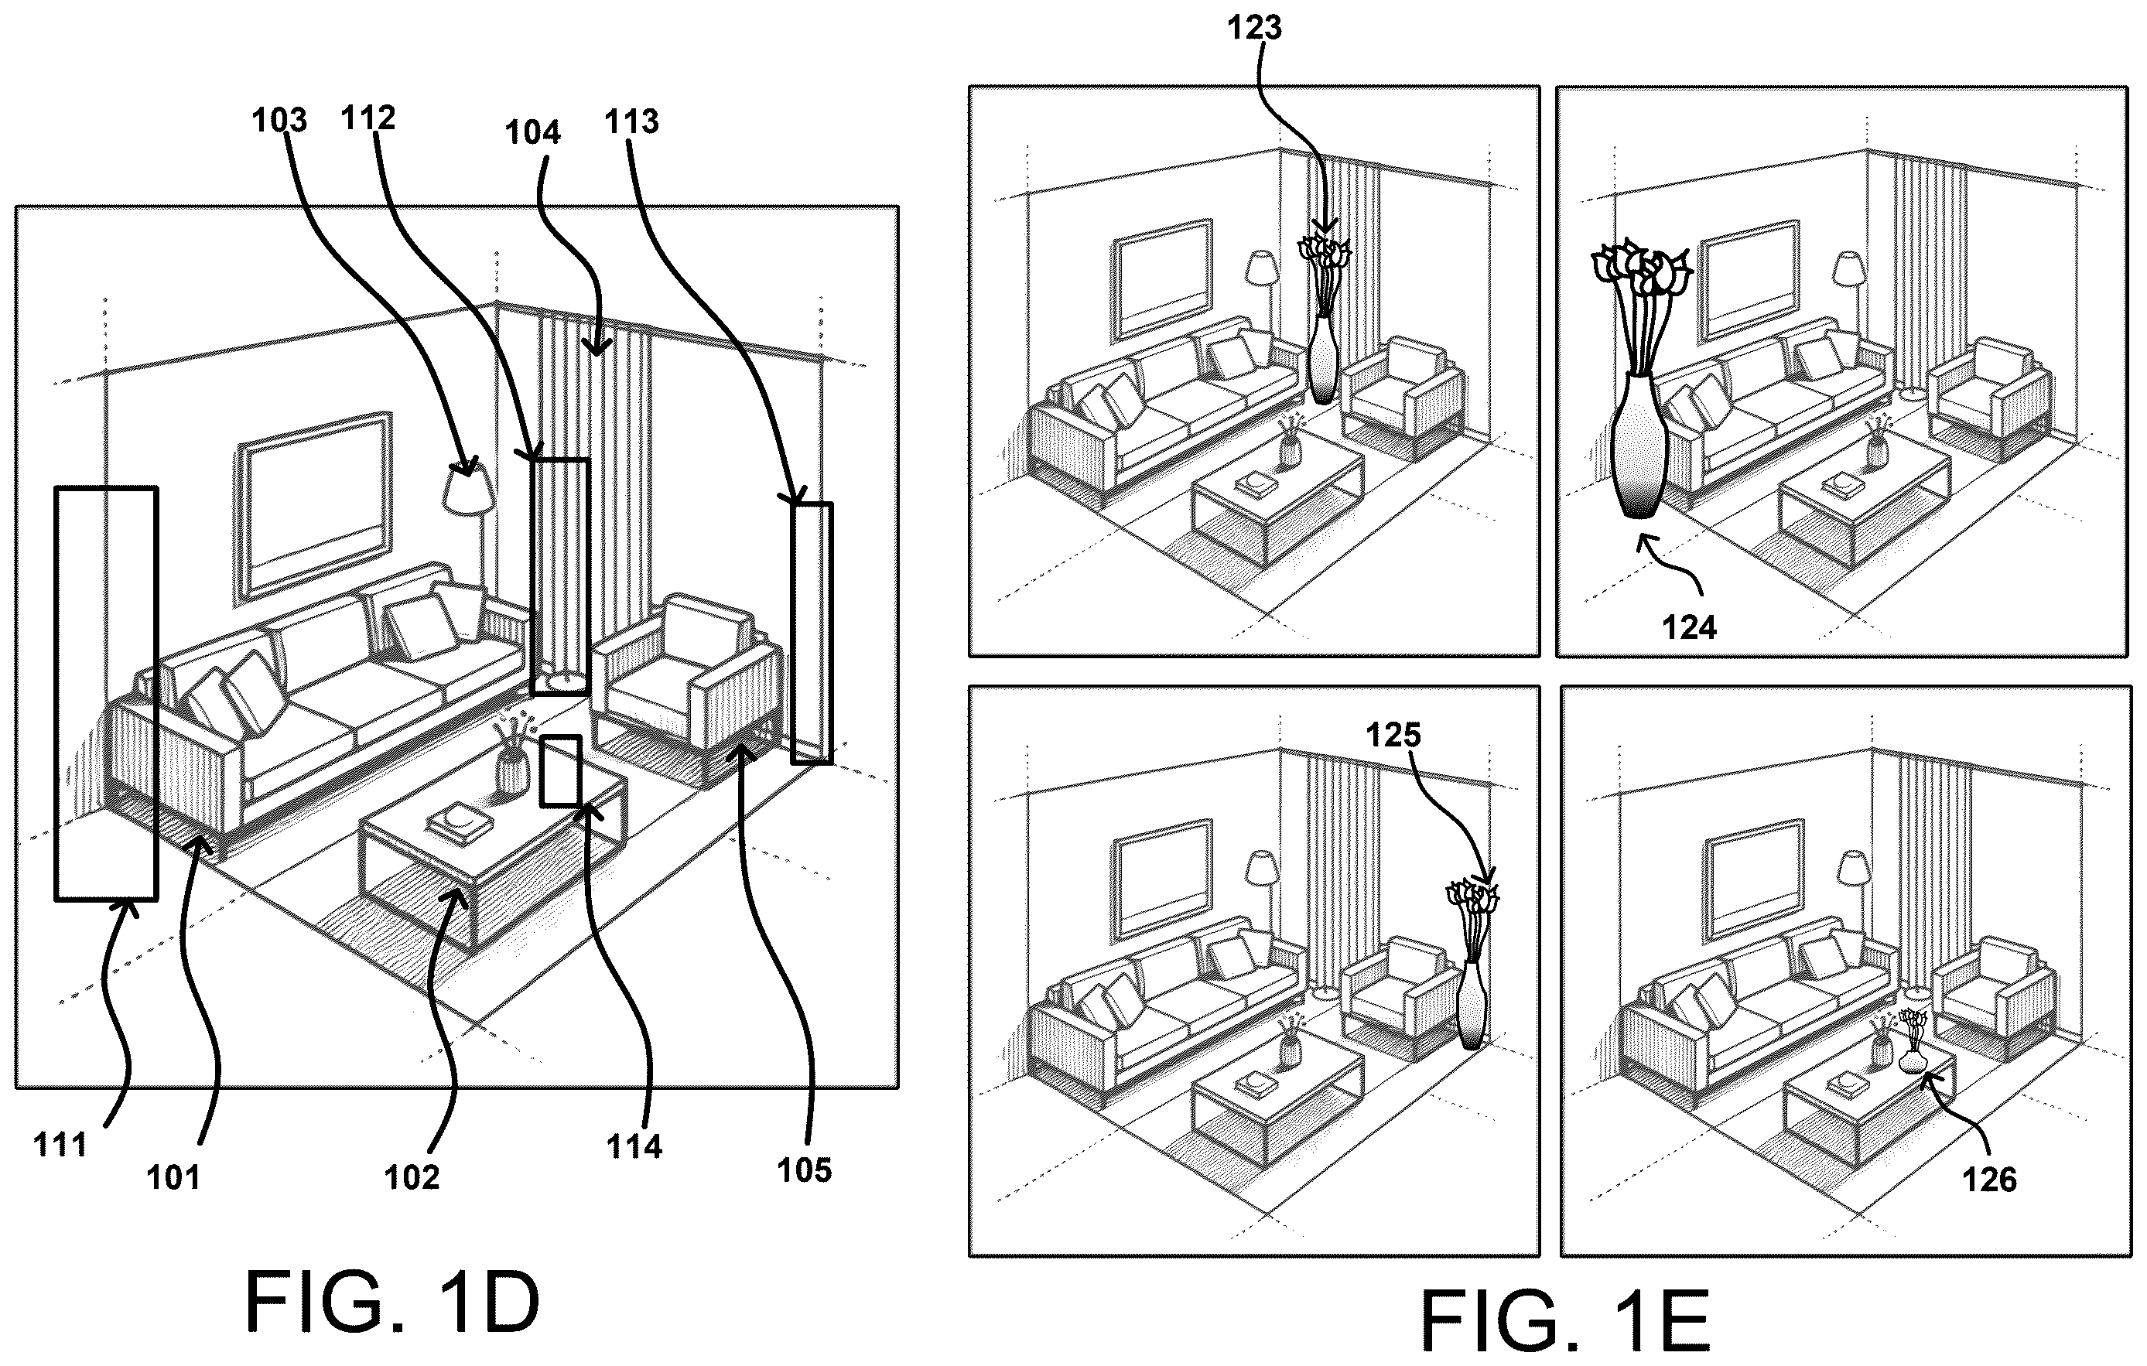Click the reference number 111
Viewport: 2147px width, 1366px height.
coord(60,1144)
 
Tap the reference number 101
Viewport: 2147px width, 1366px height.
coord(173,1177)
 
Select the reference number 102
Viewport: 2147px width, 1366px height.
coord(412,1177)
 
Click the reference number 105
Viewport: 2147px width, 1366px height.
coord(804,1170)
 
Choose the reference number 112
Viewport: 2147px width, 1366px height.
coord(368,117)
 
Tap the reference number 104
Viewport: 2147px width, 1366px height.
coord(532,132)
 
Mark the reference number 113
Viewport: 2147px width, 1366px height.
coord(631,121)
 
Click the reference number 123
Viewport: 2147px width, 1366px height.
coord(1254,28)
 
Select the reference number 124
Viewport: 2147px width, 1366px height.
coord(1689,628)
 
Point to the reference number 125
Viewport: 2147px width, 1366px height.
coord(1393,735)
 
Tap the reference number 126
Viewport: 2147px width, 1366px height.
coord(1989,1180)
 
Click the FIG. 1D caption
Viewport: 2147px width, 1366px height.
coord(392,1301)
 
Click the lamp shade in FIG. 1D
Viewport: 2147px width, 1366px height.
coord(468,489)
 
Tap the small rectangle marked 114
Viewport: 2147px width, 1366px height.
coord(561,770)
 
